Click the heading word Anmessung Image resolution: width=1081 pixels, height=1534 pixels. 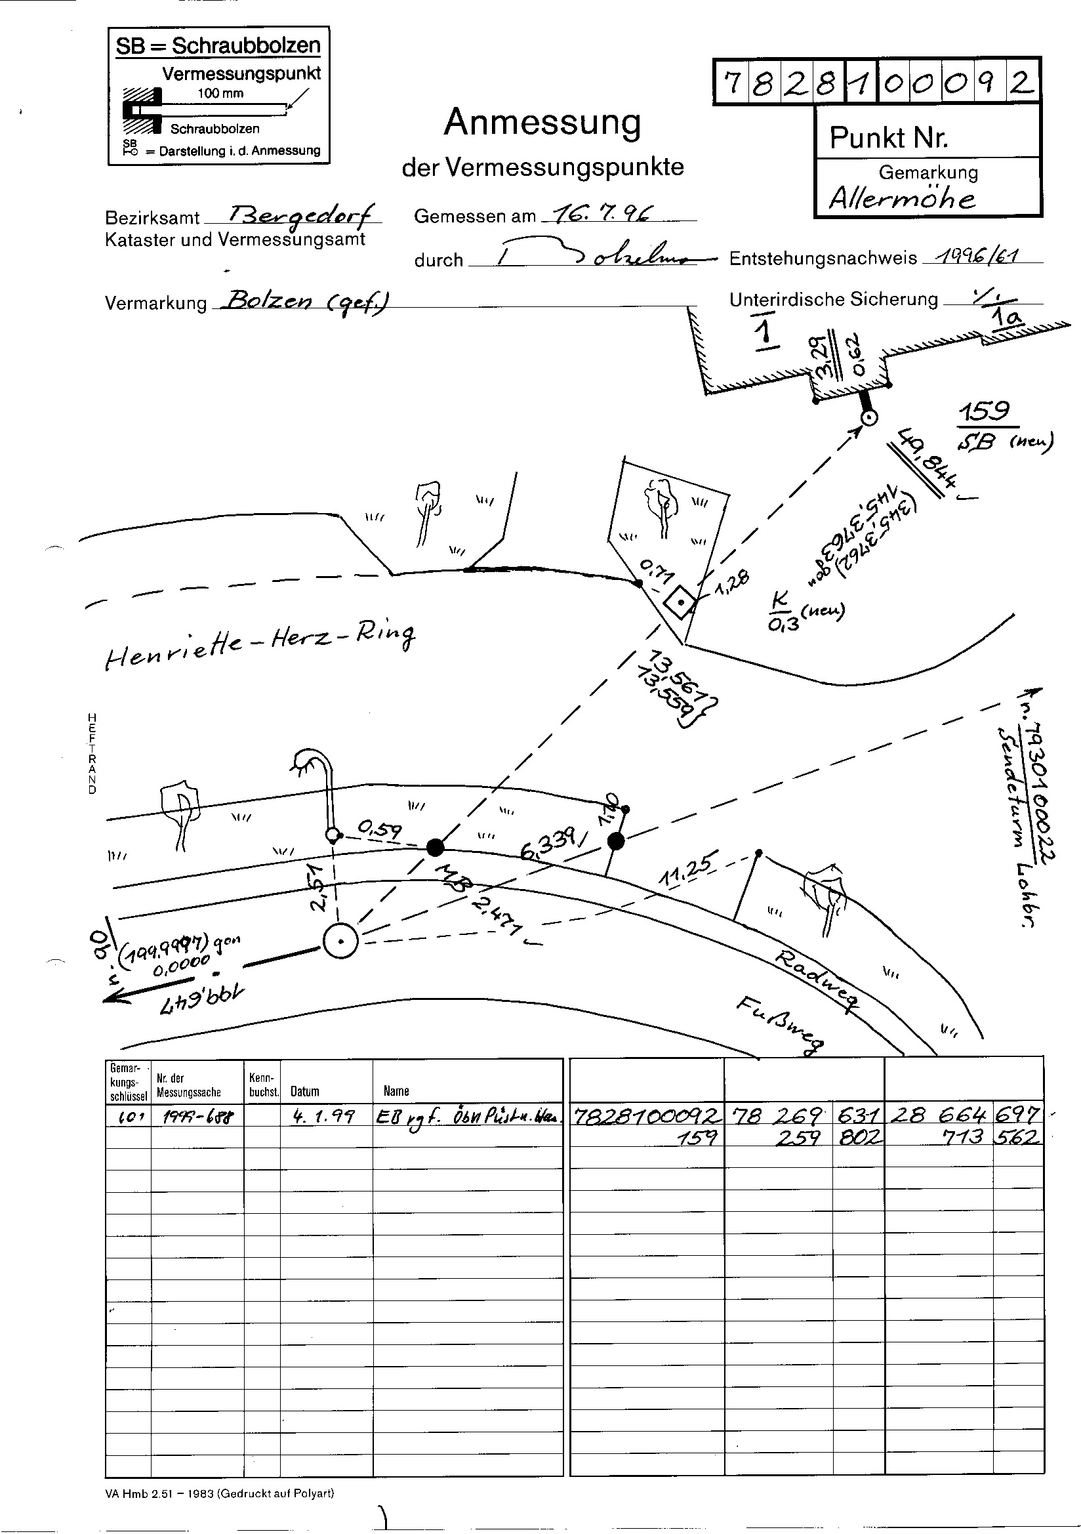tap(542, 123)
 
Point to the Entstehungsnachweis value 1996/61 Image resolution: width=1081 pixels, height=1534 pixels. tap(981, 256)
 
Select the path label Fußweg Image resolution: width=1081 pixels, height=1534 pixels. tap(779, 1026)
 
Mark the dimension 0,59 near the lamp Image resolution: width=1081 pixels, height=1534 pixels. tap(380, 831)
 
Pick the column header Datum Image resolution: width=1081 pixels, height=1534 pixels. tap(304, 1091)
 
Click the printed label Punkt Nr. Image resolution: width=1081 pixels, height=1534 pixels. tap(888, 138)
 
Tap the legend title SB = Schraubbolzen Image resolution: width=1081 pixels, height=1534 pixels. tap(218, 46)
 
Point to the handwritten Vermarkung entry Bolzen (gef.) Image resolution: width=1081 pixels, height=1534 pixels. tap(307, 301)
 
